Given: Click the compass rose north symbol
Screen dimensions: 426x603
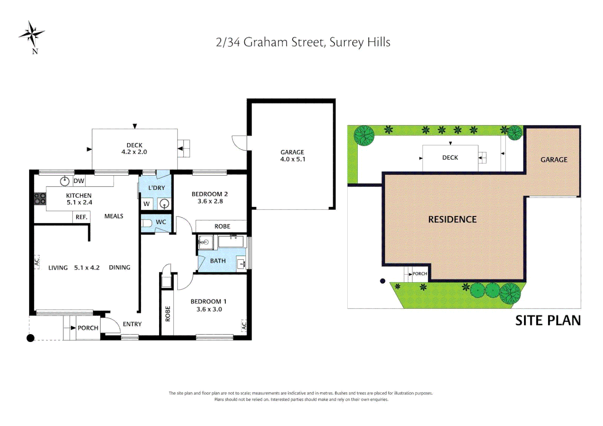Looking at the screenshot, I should pos(32,35).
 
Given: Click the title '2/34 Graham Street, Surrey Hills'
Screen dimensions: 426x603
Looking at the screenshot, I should pos(303,42).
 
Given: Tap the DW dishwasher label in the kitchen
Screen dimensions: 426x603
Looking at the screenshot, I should pos(79,181).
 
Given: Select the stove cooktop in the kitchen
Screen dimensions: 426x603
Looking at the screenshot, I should pos(40,198).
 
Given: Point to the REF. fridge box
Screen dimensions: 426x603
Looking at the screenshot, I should pos(81,217).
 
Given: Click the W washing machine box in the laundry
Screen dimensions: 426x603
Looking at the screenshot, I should pos(147,204).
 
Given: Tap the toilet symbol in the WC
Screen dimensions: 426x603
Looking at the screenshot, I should pos(146,223).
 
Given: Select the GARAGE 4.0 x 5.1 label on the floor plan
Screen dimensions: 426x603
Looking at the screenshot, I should pos(292,156).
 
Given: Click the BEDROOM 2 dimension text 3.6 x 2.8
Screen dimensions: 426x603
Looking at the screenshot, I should pos(210,201).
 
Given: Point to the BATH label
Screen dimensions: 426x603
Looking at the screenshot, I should pos(218,261).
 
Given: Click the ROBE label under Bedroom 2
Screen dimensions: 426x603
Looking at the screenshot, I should pos(222,226).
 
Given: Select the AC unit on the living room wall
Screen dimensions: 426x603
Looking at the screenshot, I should pos(37,262).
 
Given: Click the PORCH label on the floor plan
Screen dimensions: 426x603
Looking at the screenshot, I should pos(88,328).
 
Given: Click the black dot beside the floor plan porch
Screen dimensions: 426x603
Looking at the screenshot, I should pos(30,338).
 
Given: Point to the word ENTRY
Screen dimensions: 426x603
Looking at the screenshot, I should pos(132,324).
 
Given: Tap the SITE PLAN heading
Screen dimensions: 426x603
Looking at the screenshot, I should pos(548,320).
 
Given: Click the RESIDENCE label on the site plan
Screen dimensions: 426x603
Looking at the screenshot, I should pos(452,219).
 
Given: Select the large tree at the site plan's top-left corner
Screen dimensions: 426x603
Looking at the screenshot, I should pos(363,135).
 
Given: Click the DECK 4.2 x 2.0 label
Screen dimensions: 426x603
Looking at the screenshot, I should pos(134,149).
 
